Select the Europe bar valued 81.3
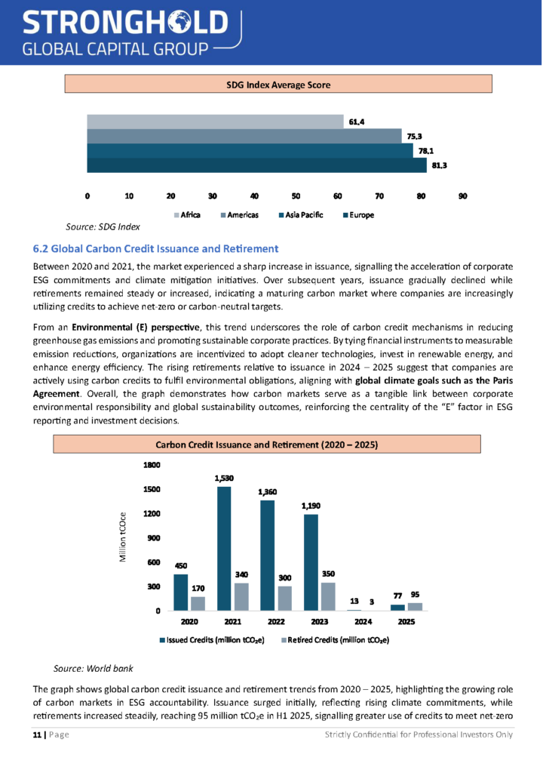click(256, 165)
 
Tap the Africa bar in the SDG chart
click(215, 122)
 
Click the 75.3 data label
click(414, 137)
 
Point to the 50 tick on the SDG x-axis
click(296, 196)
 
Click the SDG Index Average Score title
click(278, 85)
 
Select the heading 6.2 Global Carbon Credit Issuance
click(156, 248)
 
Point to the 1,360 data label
click(268, 492)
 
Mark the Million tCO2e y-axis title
click(123, 537)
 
